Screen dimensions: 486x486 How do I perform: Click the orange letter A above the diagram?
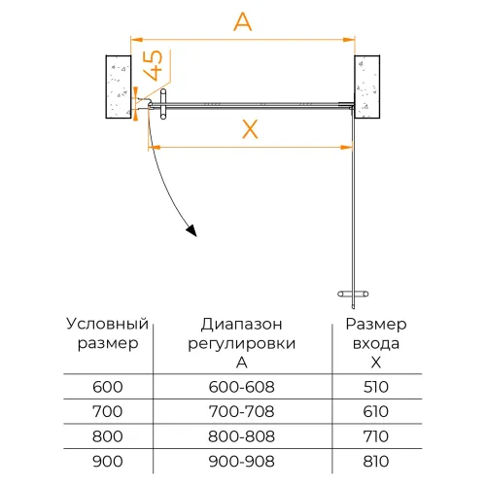pyautogui.click(x=243, y=21)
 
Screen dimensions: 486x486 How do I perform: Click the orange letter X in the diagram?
pyautogui.click(x=249, y=128)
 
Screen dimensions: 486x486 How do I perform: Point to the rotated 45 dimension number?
pyautogui.click(x=153, y=69)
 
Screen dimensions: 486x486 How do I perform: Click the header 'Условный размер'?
pyautogui.click(x=107, y=332)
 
